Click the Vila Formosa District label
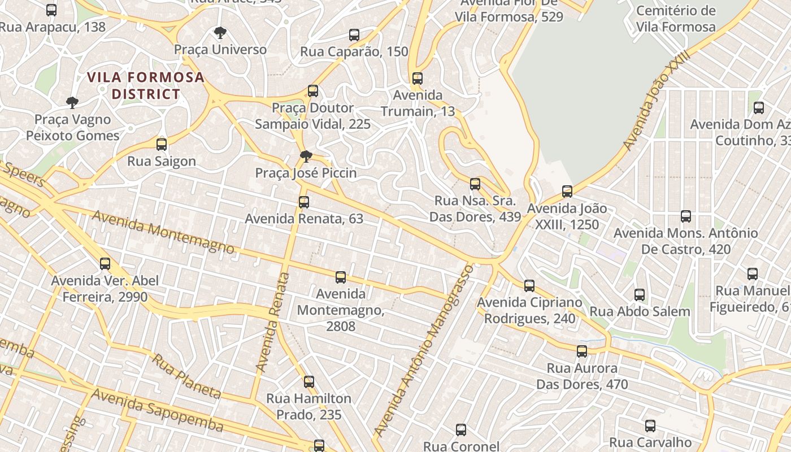click(x=145, y=85)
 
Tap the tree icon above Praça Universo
click(x=220, y=33)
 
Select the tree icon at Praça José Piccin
click(x=306, y=157)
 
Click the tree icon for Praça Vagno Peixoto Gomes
click(x=72, y=103)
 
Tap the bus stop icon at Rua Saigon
click(x=162, y=145)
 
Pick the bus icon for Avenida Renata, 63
click(x=304, y=202)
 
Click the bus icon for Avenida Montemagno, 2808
click(x=341, y=277)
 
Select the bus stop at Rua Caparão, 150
click(x=354, y=35)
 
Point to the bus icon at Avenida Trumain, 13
click(x=418, y=79)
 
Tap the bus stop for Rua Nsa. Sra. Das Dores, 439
click(x=475, y=184)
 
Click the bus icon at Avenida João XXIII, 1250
click(x=567, y=192)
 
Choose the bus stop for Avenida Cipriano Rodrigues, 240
click(x=529, y=286)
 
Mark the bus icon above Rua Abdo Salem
click(x=640, y=295)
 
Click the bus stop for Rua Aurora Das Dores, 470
click(x=582, y=351)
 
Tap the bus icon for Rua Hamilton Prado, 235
click(x=309, y=382)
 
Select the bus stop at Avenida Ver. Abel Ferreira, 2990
click(x=105, y=264)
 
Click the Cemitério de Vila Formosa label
click(x=676, y=19)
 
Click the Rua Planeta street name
click(x=186, y=376)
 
